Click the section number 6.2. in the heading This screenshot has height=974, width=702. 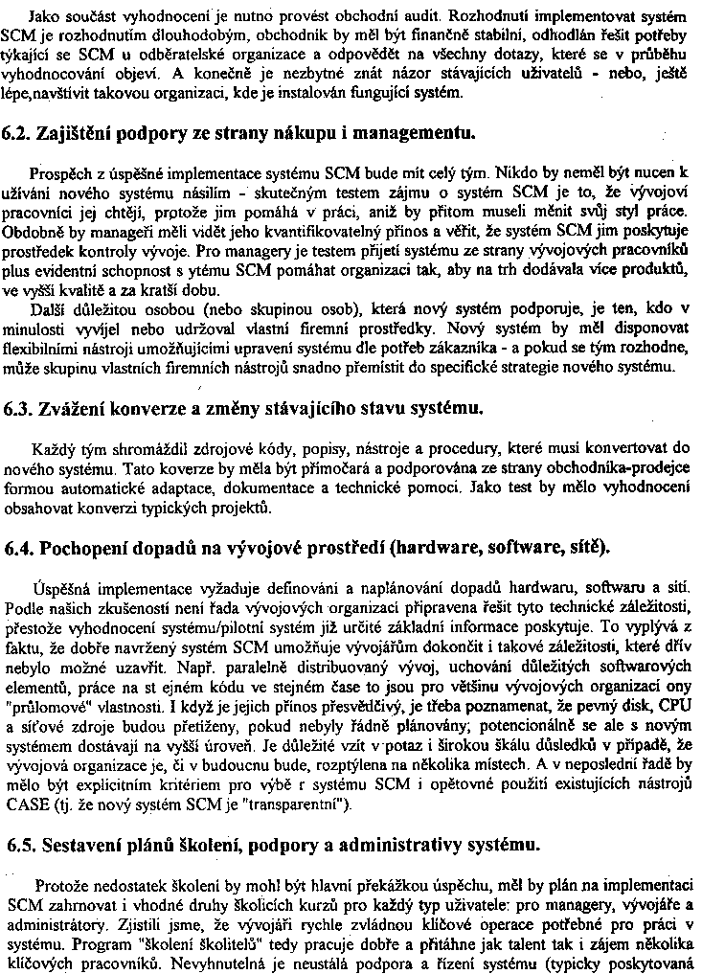[x=19, y=132]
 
